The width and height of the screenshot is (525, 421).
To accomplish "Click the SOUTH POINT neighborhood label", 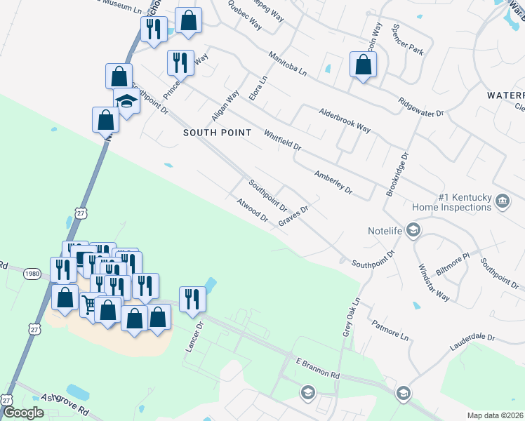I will (x=212, y=132).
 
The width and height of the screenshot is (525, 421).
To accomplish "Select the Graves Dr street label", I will (x=293, y=215).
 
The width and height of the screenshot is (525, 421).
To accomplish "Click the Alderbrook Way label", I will (x=345, y=119).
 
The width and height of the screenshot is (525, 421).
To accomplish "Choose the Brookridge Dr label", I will (x=397, y=175).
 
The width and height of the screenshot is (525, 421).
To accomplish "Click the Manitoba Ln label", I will (x=288, y=63).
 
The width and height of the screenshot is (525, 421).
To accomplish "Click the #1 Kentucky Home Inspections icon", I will (x=503, y=201).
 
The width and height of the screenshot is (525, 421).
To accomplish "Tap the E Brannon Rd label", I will (x=317, y=368).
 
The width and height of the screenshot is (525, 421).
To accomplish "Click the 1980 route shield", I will (x=31, y=274).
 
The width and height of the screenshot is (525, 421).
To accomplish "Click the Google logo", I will (x=23, y=413).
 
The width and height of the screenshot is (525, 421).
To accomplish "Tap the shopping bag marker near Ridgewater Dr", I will (x=363, y=65).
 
